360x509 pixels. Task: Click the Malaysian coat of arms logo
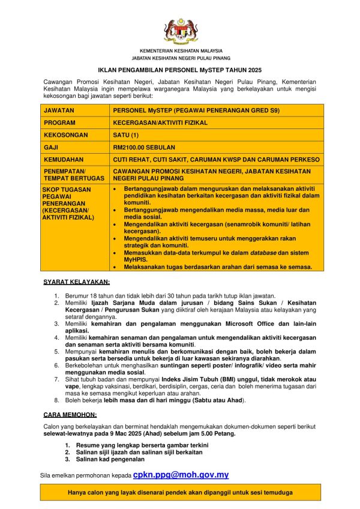coord(181,31)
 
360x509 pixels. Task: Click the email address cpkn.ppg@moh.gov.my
coord(181,474)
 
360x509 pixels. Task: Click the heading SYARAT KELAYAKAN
coord(76,282)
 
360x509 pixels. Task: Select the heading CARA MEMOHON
coord(71,415)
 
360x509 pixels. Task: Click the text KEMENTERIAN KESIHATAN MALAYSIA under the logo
coord(181,51)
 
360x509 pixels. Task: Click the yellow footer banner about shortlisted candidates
coord(181,492)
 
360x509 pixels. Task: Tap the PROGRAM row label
coord(59,122)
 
